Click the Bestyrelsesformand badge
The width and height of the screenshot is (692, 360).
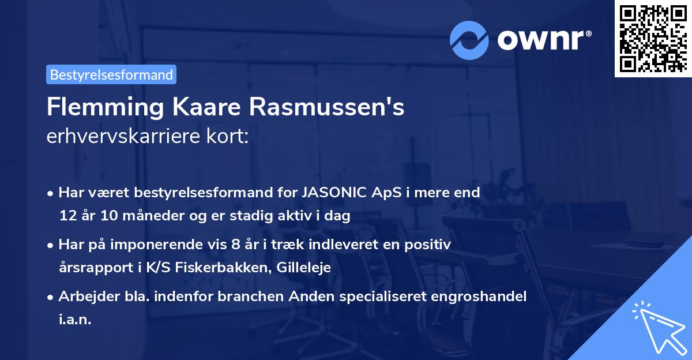click(x=111, y=74)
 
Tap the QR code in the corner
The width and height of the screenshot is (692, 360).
click(x=652, y=38)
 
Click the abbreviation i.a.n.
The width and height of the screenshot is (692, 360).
click(x=75, y=320)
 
